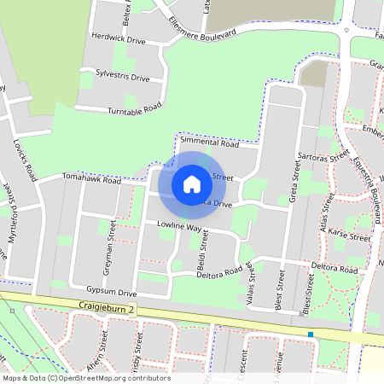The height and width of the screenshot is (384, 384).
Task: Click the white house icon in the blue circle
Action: [x=192, y=184]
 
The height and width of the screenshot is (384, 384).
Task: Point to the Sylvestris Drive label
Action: [x=123, y=77]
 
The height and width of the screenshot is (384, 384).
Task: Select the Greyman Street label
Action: [x=110, y=247]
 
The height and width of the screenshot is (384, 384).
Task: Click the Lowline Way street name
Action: [x=178, y=228]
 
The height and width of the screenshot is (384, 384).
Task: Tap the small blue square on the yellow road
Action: [x=311, y=335]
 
